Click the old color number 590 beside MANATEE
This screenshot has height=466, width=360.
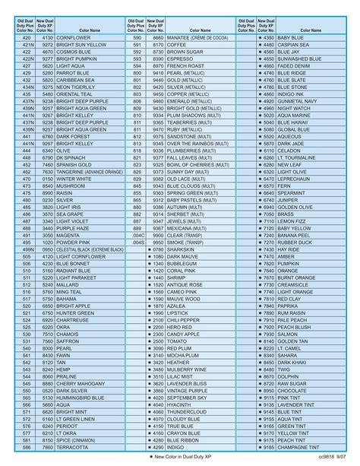tap(137, 37)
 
